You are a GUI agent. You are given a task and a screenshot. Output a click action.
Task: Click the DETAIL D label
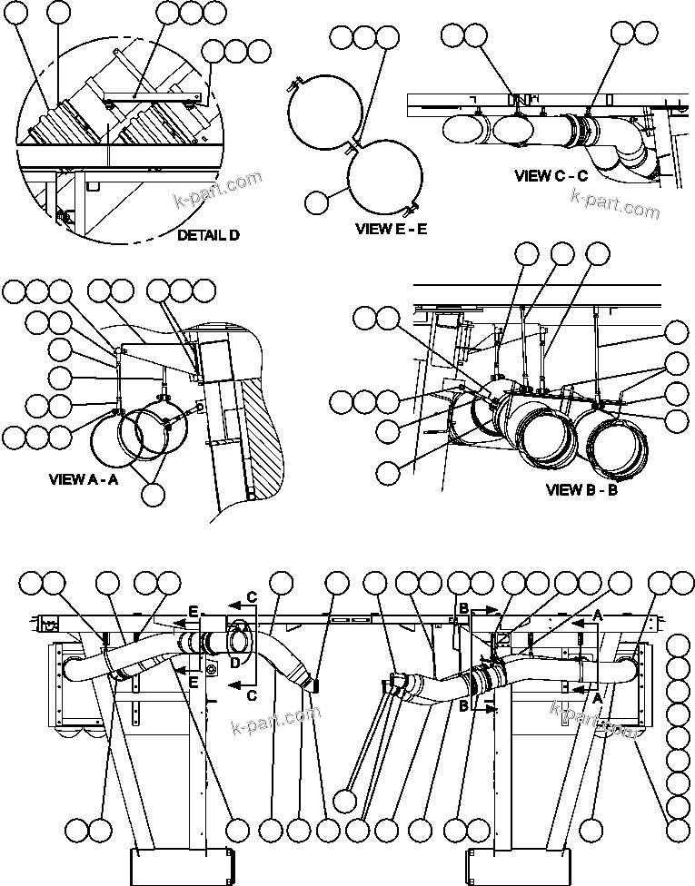coord(208,235)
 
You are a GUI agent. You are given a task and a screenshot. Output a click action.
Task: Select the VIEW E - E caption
coord(391,231)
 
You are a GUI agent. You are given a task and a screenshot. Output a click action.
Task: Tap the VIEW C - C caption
coord(551,175)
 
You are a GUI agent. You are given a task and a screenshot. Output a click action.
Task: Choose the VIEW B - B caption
coord(581,489)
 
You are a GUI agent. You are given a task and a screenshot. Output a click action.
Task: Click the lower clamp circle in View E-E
coord(386,181)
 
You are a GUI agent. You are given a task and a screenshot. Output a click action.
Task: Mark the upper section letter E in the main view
coord(194,612)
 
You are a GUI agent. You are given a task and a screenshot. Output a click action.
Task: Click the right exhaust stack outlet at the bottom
coord(518,866)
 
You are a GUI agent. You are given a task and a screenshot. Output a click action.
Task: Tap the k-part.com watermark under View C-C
coord(614,205)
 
